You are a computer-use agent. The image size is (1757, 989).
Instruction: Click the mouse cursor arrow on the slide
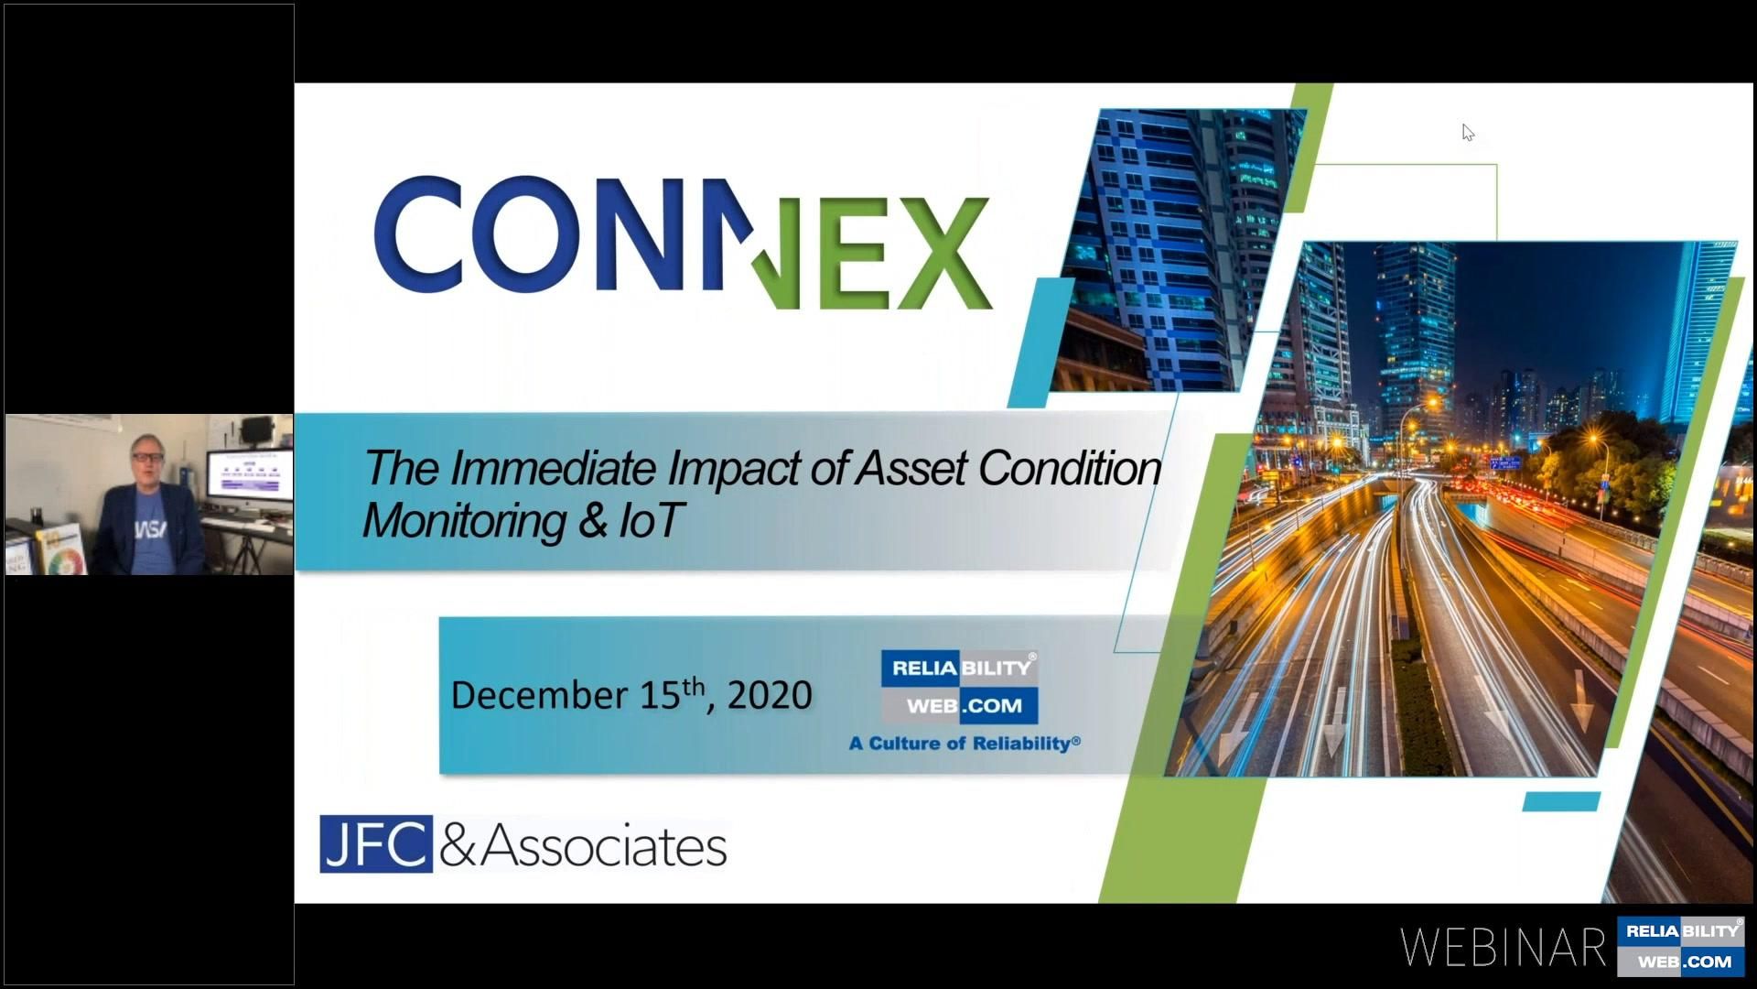pos(1467,132)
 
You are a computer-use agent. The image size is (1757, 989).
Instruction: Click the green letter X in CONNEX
pos(942,252)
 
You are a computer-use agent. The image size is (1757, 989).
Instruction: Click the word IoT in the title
pos(651,520)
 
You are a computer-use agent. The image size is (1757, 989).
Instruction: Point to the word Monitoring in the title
pos(465,521)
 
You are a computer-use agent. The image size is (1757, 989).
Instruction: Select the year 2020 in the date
pos(770,696)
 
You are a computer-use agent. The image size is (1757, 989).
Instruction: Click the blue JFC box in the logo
pos(375,844)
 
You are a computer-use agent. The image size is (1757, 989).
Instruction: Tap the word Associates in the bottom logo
pos(604,846)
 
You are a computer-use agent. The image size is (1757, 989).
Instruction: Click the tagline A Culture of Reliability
pos(965,743)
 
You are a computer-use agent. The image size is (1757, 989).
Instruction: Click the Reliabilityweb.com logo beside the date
pos(959,687)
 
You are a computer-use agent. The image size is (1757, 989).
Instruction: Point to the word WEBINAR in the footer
pos(1503,948)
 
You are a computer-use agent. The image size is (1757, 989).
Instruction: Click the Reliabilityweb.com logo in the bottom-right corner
pos(1682,946)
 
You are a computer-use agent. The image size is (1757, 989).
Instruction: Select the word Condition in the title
pos(1070,468)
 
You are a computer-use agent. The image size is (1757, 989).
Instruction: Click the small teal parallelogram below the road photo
pos(1561,802)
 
